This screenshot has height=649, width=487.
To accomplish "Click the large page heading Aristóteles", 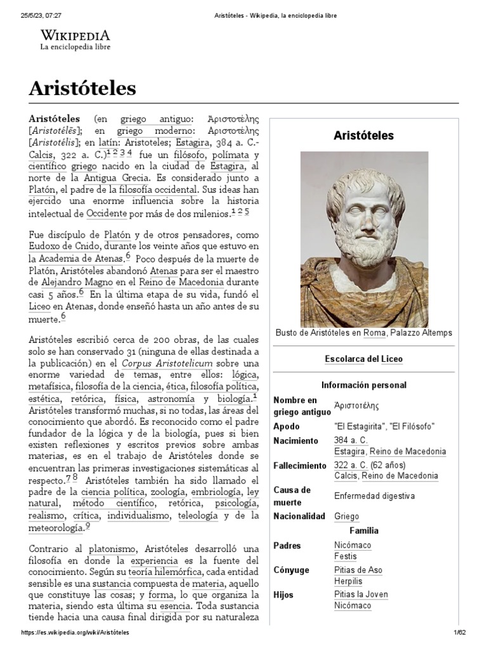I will (82, 87).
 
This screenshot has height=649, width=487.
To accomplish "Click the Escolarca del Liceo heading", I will (363, 359).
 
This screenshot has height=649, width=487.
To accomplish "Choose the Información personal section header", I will (363, 385).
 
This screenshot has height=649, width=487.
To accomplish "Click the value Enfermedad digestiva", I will (374, 496).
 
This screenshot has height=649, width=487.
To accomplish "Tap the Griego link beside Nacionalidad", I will (346, 517).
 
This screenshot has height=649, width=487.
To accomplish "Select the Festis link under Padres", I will (345, 556).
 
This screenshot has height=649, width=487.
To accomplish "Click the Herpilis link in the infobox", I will (348, 581).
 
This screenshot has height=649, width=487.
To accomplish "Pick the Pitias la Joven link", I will (361, 594).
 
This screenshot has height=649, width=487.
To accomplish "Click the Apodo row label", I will (286, 427).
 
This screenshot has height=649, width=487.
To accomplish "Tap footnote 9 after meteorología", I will (88, 525).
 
